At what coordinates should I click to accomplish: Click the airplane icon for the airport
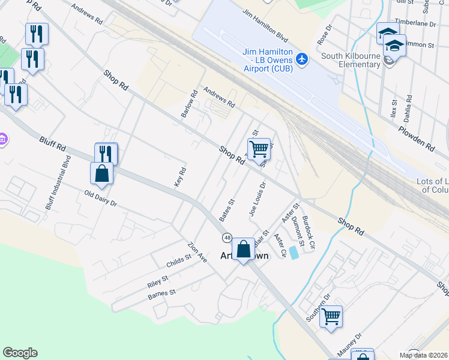click(x=301, y=59)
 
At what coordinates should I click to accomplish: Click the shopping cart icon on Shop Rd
click(x=259, y=148)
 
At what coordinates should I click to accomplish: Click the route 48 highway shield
click(x=227, y=238)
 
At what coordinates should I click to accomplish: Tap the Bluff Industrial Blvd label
click(x=58, y=182)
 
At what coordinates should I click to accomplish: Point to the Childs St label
click(x=178, y=261)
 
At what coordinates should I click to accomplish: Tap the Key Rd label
click(x=181, y=178)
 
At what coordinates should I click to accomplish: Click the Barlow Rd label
click(x=190, y=103)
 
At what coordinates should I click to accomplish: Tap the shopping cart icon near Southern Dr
click(x=331, y=316)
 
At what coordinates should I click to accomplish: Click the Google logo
click(x=20, y=353)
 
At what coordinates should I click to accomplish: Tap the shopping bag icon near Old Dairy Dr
click(x=101, y=173)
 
